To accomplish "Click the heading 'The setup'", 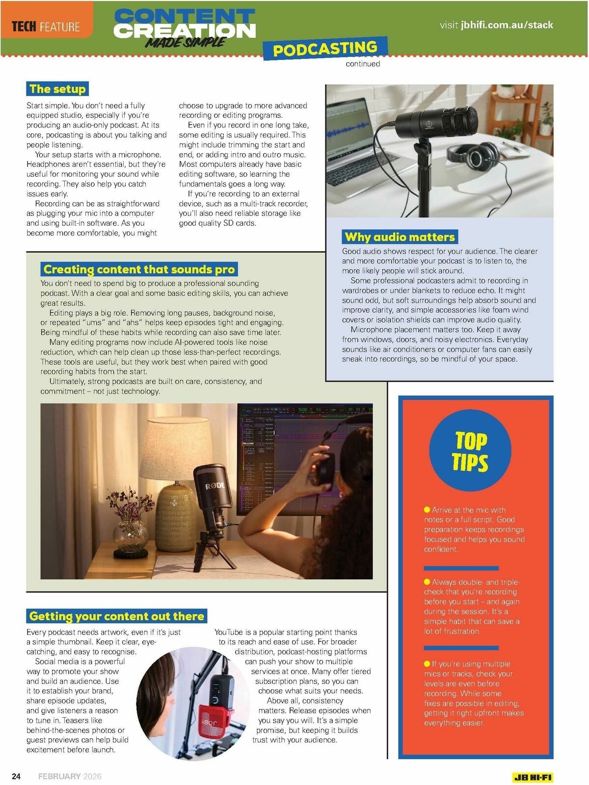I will (57, 89).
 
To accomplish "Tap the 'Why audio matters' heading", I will (400, 237).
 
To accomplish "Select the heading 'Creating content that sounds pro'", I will (139, 269).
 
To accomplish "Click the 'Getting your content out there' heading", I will (116, 616).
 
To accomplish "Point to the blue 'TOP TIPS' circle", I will (470, 450).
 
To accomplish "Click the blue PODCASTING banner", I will (325, 49).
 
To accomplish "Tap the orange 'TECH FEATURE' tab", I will (46, 26).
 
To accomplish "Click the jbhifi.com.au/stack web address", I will (507, 25).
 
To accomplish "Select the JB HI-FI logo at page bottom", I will (533, 777).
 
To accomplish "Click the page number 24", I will (16, 776).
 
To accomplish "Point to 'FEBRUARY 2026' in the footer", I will (70, 776).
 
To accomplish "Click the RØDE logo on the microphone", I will (214, 486).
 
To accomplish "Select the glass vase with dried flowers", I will (130, 532).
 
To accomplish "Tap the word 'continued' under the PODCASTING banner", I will (363, 64).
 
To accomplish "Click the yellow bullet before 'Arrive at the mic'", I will (427, 510).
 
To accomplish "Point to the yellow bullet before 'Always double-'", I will (427, 582).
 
